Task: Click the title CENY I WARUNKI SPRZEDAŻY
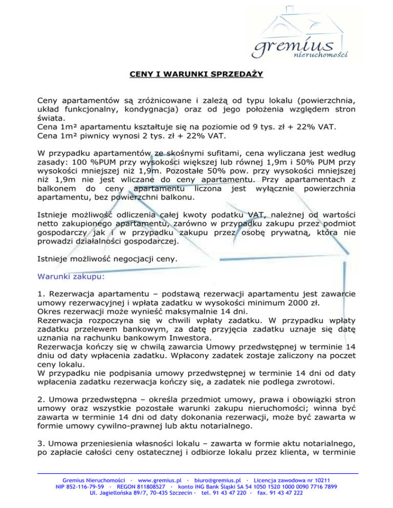pos(196,75)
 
